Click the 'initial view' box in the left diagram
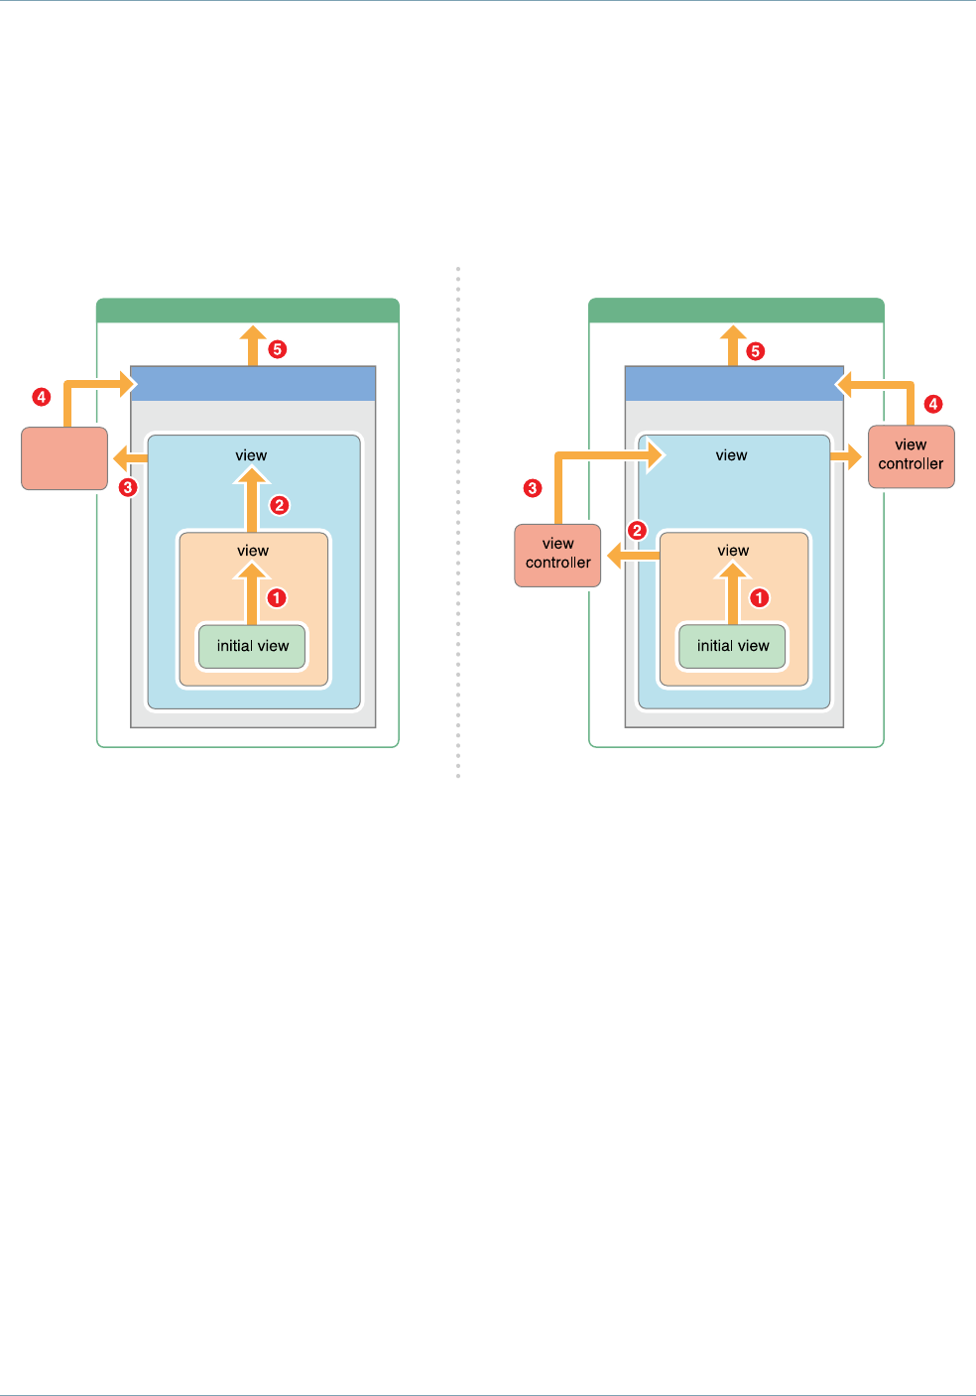pyautogui.click(x=252, y=646)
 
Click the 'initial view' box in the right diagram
pyautogui.click(x=733, y=646)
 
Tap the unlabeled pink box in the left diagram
pyautogui.click(x=64, y=458)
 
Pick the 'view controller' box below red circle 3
pyautogui.click(x=557, y=555)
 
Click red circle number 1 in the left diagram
pyautogui.click(x=277, y=598)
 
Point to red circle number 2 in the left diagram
pyautogui.click(x=280, y=505)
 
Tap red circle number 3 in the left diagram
pyautogui.click(x=128, y=487)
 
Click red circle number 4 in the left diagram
pyautogui.click(x=42, y=397)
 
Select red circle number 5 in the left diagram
pyautogui.click(x=278, y=349)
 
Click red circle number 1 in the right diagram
pyautogui.click(x=759, y=598)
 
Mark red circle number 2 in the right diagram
pyautogui.click(x=638, y=531)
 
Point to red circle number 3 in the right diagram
pyautogui.click(x=533, y=488)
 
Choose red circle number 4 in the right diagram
pyautogui.click(x=933, y=404)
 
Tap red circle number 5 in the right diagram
pyautogui.click(x=756, y=351)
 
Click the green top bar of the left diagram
pyautogui.click(x=248, y=311)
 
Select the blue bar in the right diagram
pyautogui.click(x=734, y=383)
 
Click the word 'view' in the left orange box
pyautogui.click(x=253, y=551)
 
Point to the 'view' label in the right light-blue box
pyautogui.click(x=731, y=455)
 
